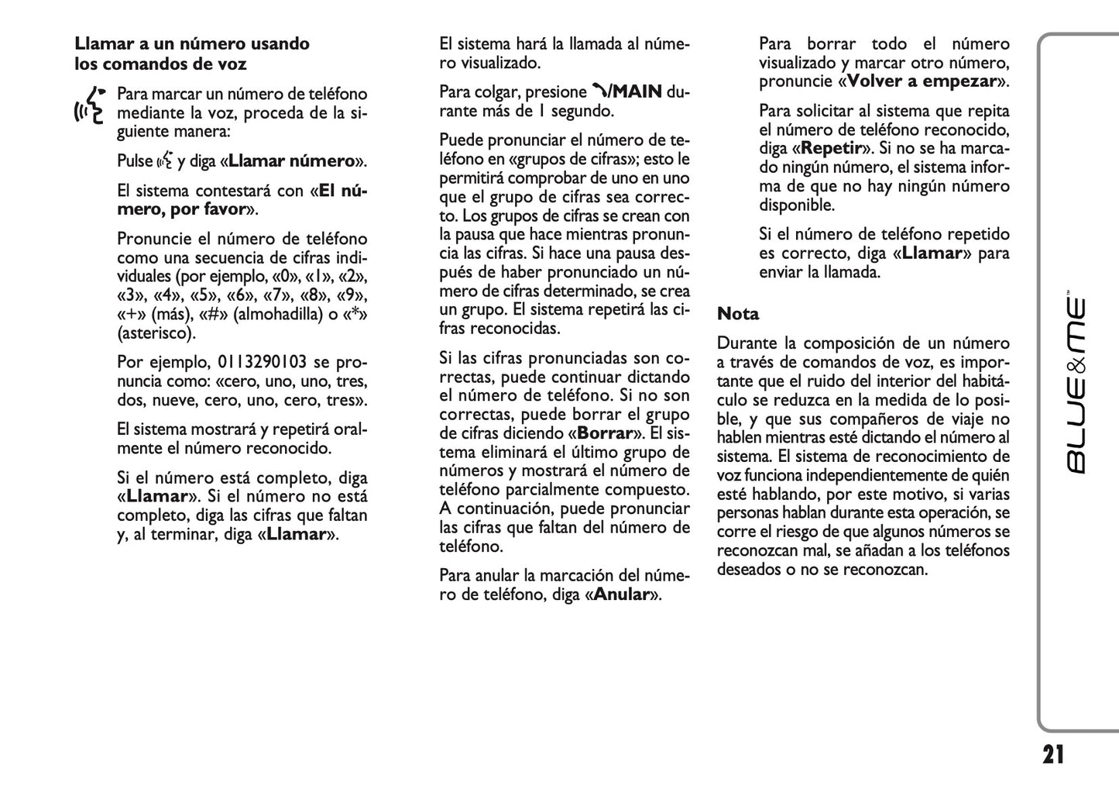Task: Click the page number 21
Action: point(1053,754)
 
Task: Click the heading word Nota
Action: point(738,314)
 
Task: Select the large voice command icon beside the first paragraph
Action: point(89,105)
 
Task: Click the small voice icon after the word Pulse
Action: point(164,161)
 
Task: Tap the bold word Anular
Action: point(620,595)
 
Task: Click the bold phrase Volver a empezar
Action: point(922,81)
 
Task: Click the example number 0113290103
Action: point(262,362)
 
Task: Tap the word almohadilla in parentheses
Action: point(274,315)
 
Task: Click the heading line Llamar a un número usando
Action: point(192,44)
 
